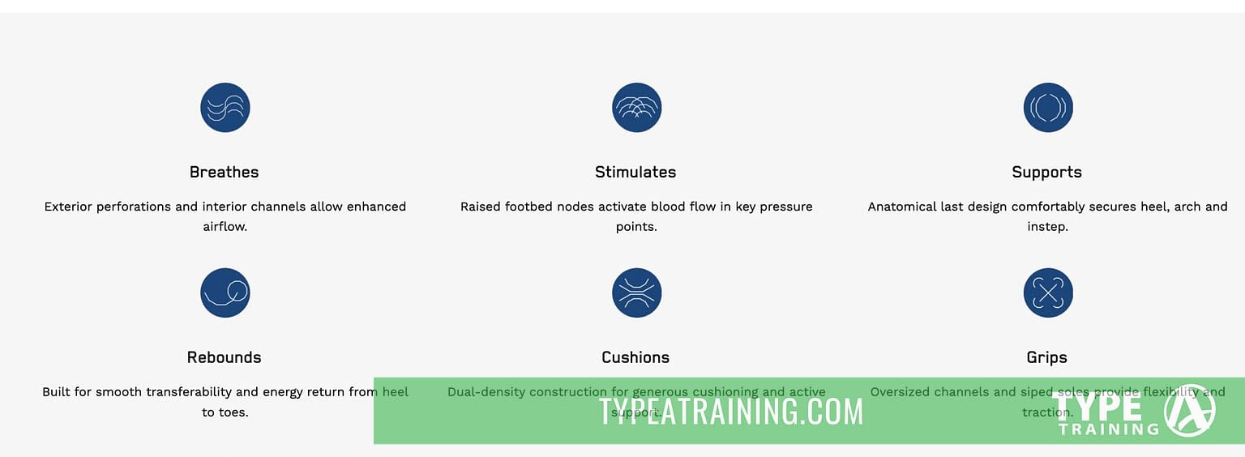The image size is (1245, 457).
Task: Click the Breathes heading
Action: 224,172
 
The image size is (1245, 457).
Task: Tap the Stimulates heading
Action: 635,172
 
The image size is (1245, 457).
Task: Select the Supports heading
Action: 1046,172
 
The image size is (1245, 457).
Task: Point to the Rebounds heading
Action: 224,357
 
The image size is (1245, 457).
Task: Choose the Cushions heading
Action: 635,357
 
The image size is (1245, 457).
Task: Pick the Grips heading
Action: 1046,357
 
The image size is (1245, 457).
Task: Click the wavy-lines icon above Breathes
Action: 225,108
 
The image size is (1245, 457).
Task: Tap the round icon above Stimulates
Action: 637,108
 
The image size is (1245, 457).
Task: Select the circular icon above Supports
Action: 1048,108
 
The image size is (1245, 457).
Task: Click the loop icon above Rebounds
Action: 225,293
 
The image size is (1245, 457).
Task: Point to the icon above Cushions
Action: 637,293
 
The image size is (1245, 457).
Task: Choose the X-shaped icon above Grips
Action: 1048,293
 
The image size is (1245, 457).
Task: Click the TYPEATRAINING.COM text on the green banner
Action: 731,412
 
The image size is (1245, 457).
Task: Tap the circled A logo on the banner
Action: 1189,410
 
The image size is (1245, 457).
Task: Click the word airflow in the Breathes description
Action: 225,227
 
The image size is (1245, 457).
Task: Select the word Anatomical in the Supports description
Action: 902,207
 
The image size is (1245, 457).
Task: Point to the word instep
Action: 1047,227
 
